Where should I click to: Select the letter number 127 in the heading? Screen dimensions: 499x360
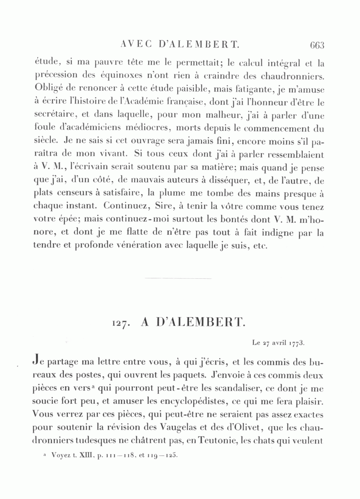[x=121, y=325]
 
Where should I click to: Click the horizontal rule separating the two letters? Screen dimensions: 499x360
[x=177, y=278]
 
